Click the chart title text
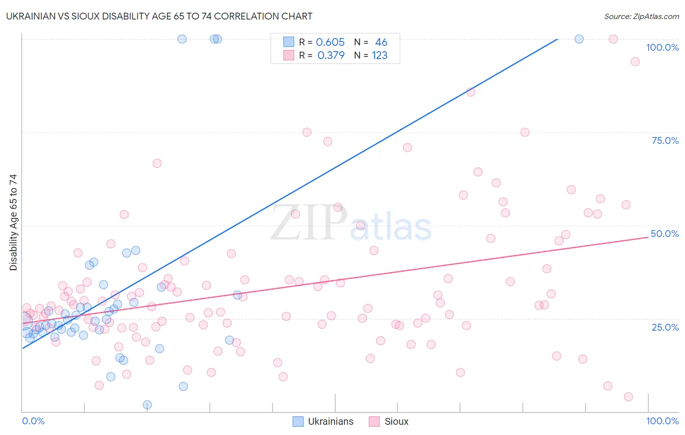tap(159, 16)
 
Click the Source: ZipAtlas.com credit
tap(641, 16)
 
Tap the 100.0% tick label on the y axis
tap(662, 47)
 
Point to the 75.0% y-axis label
tap(665, 140)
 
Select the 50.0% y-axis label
tap(665, 234)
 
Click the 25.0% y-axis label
tap(665, 327)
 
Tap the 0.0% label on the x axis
tap(33, 421)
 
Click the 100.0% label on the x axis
tap(662, 421)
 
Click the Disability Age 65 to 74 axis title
tap(13, 222)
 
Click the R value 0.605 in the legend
tap(330, 42)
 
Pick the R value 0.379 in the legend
tap(331, 56)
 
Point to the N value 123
tap(380, 56)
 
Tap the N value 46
tap(381, 42)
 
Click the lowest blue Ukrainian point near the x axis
tap(147, 405)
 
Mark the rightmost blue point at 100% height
tap(579, 39)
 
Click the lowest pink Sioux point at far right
tap(628, 397)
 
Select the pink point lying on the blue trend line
tap(470, 92)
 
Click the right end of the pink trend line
tap(648, 237)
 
